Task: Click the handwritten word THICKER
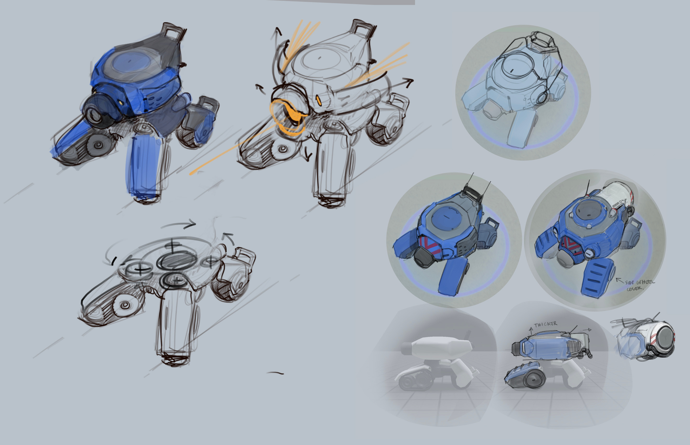pos(546,324)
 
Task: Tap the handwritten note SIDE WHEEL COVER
pos(640,285)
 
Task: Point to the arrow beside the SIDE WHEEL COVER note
pos(619,280)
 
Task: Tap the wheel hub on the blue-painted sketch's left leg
pos(98,144)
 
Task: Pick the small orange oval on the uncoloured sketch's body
pos(319,100)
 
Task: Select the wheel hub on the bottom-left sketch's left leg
pos(125,305)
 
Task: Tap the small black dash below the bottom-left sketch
pos(275,373)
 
